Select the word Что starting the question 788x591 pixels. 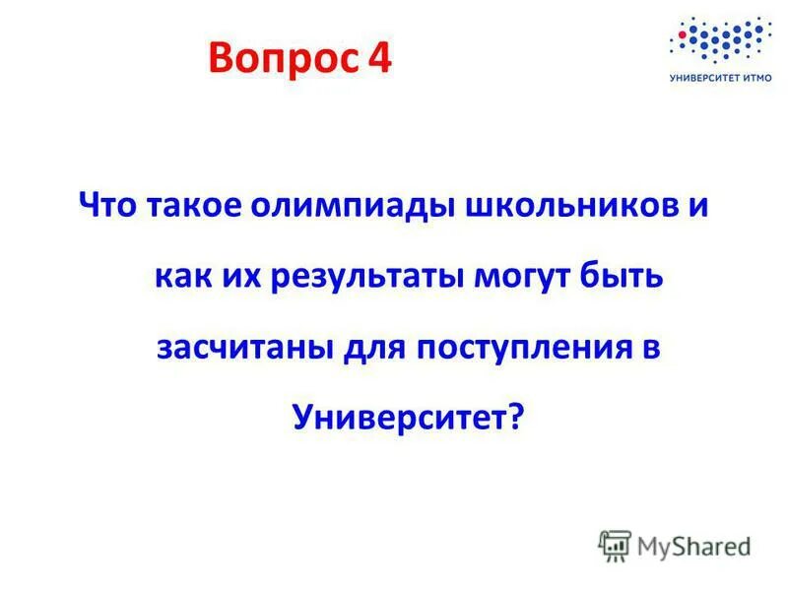tap(109, 208)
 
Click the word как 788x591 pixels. tap(184, 278)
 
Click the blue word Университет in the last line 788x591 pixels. tap(400, 417)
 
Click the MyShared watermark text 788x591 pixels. tap(692, 545)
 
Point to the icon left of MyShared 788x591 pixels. tap(615, 545)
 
